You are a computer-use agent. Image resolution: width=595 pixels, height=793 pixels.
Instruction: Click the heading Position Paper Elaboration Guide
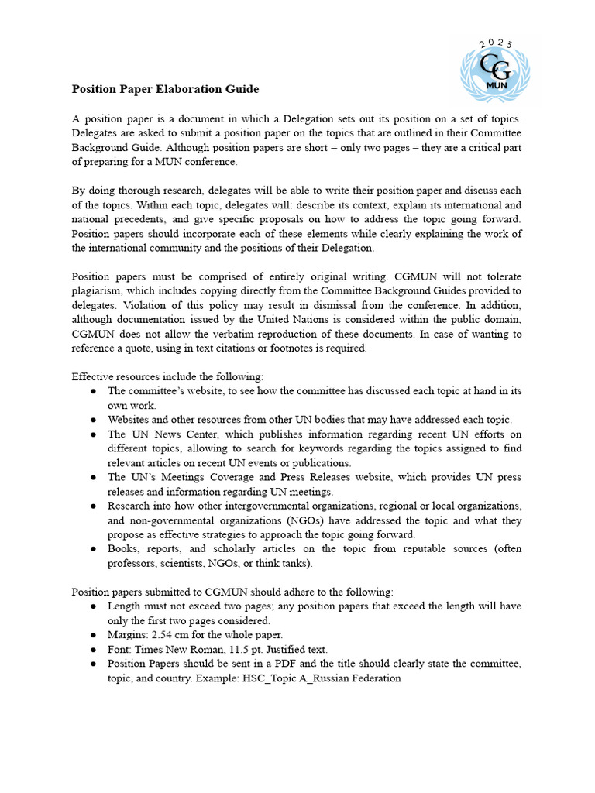click(x=165, y=89)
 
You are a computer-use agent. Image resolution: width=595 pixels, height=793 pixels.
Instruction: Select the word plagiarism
click(x=97, y=290)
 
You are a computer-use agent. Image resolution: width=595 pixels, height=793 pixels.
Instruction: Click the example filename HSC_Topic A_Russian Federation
click(x=314, y=678)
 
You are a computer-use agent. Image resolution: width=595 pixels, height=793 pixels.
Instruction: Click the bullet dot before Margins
click(x=94, y=636)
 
